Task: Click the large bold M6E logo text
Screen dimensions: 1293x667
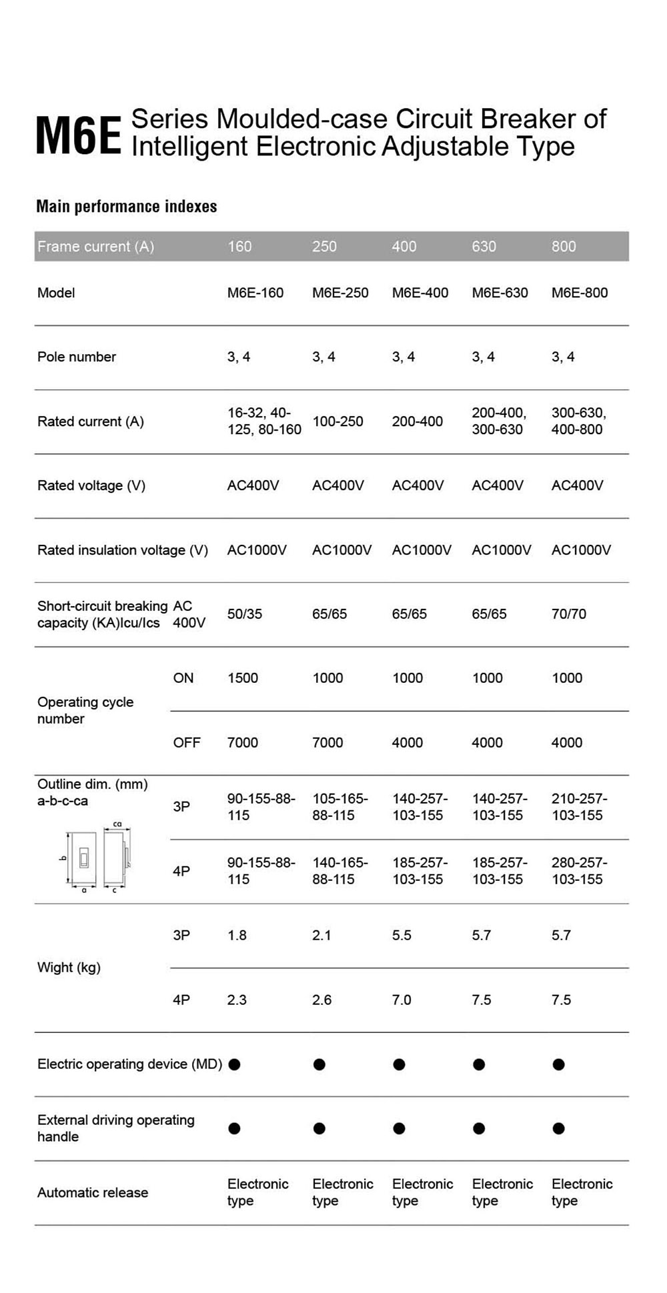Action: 78,136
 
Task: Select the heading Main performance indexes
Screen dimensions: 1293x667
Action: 126,207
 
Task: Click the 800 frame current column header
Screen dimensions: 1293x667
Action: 564,247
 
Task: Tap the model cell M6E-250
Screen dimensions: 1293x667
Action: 340,293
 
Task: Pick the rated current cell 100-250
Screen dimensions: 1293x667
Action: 338,421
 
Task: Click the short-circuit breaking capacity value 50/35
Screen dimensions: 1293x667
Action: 245,614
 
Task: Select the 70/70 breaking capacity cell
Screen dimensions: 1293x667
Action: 569,614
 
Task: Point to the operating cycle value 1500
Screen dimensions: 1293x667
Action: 243,678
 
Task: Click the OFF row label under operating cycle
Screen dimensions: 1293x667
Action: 186,743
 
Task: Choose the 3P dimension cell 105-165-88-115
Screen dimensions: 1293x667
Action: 340,807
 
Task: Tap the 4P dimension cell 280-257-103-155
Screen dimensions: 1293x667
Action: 579,871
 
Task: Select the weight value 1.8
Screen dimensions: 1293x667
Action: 237,936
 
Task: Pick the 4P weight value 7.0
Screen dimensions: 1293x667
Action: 402,1000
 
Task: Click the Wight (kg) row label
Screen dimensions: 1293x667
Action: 69,968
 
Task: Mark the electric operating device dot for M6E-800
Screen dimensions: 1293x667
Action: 559,1065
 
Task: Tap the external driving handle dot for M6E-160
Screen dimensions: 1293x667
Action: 234,1129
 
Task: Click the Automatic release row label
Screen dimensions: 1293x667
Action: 93,1193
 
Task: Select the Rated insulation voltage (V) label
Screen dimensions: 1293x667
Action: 123,550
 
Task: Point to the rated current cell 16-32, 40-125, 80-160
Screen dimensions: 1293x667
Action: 264,421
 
